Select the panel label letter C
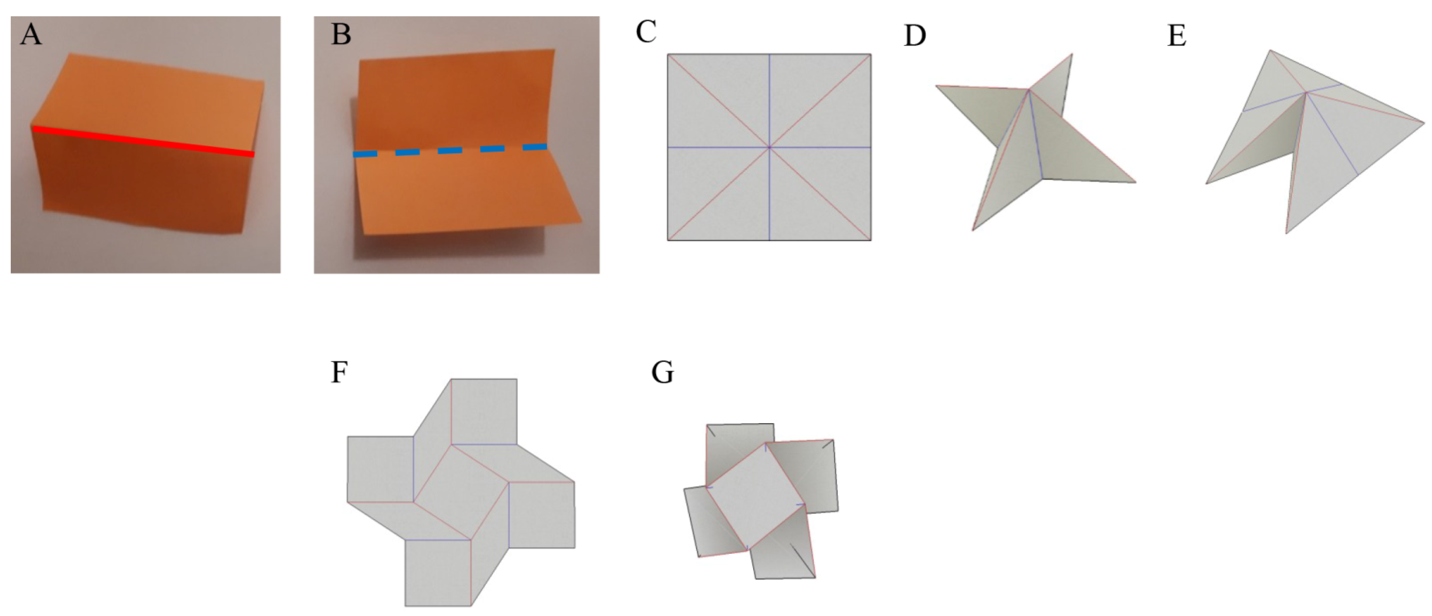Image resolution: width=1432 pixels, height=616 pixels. (x=646, y=32)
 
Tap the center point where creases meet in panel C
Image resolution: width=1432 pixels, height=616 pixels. (x=769, y=147)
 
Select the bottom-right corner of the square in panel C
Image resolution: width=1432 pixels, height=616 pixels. (x=871, y=240)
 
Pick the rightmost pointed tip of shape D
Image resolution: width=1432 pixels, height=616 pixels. (x=1135, y=182)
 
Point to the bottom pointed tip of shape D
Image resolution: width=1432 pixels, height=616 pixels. (x=972, y=230)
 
